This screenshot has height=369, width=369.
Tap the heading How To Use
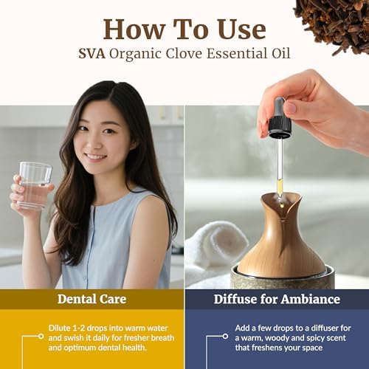[184, 29]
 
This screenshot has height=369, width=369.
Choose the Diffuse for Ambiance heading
[277, 298]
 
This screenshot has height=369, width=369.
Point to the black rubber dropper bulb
[280, 118]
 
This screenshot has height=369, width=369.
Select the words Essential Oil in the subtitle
[244, 54]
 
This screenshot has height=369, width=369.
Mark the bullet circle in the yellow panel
[42, 337]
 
